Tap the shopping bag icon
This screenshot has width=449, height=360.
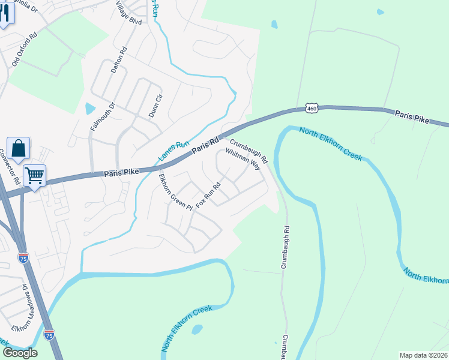point(19,148)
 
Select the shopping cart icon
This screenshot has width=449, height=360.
point(35,176)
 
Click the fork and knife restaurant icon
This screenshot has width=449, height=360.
point(5,13)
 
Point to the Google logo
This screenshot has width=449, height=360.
point(19,353)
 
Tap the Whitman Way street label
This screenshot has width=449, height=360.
point(246,158)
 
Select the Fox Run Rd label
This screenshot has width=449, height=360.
point(208,193)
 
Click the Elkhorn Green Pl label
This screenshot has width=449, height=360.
point(175,192)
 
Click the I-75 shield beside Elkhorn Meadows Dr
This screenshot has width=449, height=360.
point(49,334)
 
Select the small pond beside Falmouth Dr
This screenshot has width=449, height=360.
point(90,109)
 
